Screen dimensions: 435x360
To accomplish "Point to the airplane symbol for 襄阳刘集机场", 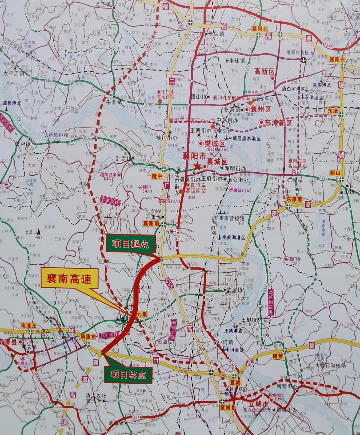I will tap(304, 60).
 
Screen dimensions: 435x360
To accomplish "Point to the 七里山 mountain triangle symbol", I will tap(39, 232).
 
